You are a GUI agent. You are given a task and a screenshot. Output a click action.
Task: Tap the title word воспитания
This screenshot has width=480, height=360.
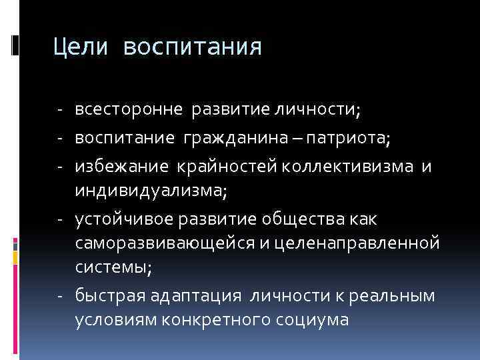coord(193,48)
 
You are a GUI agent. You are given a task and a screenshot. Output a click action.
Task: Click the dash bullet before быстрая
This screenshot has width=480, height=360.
coord(60,295)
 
